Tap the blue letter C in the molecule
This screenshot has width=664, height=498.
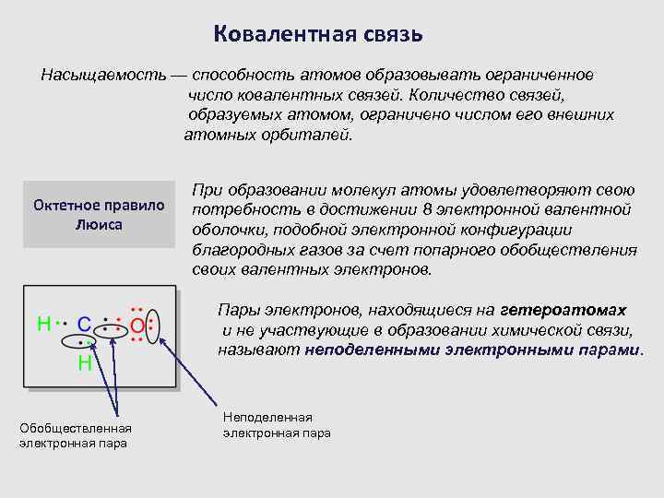[x=83, y=325]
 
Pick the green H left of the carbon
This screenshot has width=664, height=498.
[x=42, y=325]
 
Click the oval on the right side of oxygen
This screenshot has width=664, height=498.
[x=153, y=326]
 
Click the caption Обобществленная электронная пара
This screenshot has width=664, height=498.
[x=76, y=435]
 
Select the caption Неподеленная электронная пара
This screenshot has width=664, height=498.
[x=277, y=425]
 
